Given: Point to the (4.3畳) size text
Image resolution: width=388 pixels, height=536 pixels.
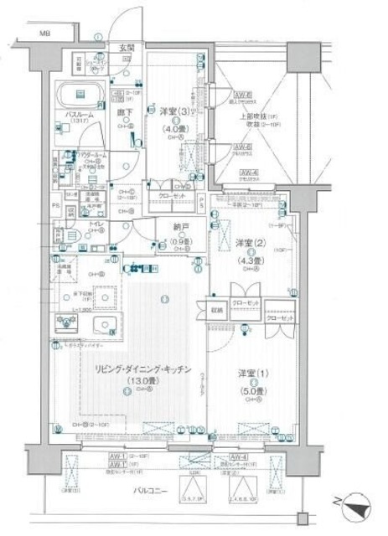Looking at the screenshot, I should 249,260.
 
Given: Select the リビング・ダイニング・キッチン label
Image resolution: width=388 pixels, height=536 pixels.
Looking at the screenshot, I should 132,369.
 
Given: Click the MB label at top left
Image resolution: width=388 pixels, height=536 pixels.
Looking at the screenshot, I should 40,34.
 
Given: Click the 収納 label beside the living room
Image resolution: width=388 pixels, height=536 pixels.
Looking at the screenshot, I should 218,306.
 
